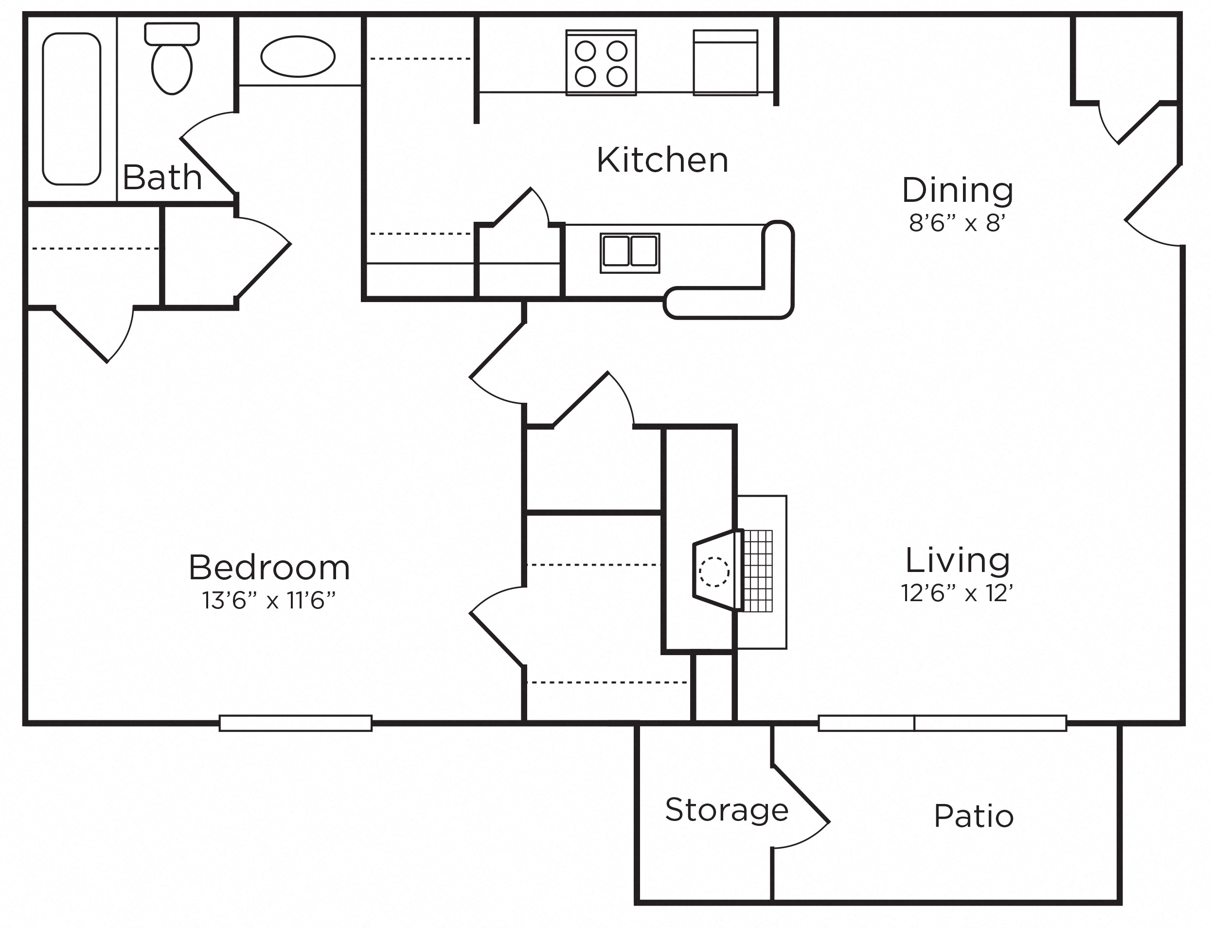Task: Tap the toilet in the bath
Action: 172,58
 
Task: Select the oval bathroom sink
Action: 298,56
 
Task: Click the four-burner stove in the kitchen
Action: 601,62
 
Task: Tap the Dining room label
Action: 957,190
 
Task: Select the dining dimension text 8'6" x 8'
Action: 957,223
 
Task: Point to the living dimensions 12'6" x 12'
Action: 957,593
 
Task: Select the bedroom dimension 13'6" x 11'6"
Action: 269,601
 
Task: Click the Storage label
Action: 727,810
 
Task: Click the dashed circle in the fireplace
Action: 714,571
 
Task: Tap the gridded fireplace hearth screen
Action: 758,571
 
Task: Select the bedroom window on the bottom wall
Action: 295,723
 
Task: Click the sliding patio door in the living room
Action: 942,723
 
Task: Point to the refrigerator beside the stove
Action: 726,62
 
